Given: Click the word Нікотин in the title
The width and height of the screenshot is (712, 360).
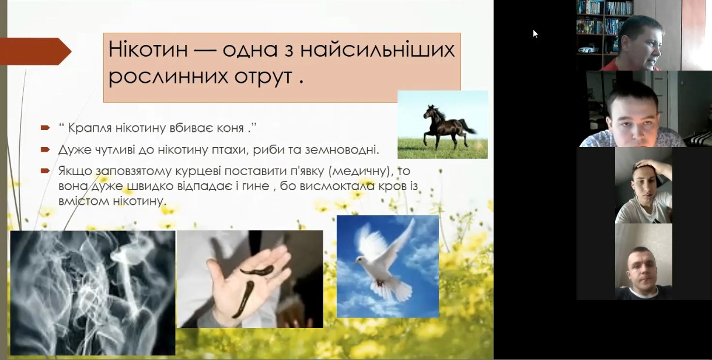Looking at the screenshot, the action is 148,50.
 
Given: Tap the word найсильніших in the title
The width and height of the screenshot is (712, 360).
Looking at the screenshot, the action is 378,50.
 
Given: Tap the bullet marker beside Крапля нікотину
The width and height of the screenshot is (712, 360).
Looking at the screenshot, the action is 45,128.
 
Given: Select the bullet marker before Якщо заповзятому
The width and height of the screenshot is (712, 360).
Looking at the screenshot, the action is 45,171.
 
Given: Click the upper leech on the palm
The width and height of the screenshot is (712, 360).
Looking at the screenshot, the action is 257,271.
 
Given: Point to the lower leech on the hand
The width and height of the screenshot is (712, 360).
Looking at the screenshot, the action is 243,299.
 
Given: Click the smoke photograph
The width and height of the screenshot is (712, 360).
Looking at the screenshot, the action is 93,293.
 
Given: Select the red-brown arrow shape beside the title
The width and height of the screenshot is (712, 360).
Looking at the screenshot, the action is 36,51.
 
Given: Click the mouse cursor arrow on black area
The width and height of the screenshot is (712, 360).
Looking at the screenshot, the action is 535,34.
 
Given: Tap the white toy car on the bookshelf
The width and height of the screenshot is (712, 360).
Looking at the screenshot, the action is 588,50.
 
